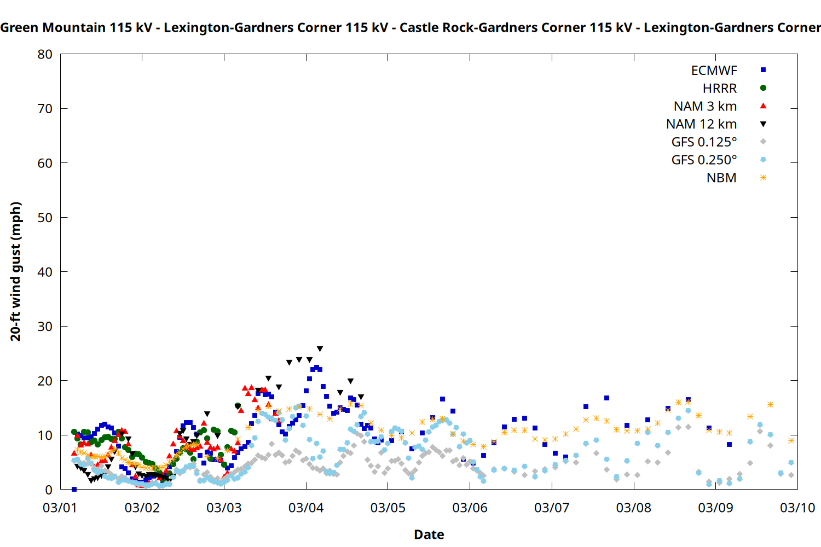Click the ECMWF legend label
[x=714, y=71]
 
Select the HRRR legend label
[x=720, y=89]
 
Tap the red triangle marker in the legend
[x=763, y=106]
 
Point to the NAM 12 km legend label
[x=701, y=124]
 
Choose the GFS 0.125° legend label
[x=704, y=142]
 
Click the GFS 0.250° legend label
[x=704, y=160]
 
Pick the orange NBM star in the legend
[x=763, y=178]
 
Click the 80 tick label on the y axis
[x=45, y=54]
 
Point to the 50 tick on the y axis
[x=45, y=218]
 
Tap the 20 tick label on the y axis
[x=45, y=381]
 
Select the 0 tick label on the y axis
[x=49, y=490]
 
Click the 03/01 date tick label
[x=60, y=508]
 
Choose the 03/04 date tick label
[x=306, y=508]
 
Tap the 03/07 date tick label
[x=552, y=508]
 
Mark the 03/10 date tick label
[x=797, y=508]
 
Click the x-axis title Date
[x=429, y=534]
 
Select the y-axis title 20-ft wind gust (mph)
[x=16, y=271]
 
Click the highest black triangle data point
[x=320, y=349]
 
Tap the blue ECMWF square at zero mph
[x=74, y=489]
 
